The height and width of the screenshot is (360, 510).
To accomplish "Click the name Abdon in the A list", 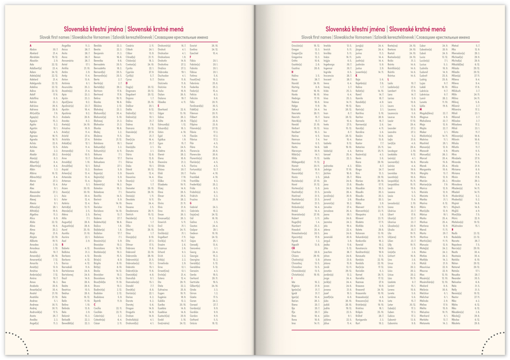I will click(33, 49).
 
